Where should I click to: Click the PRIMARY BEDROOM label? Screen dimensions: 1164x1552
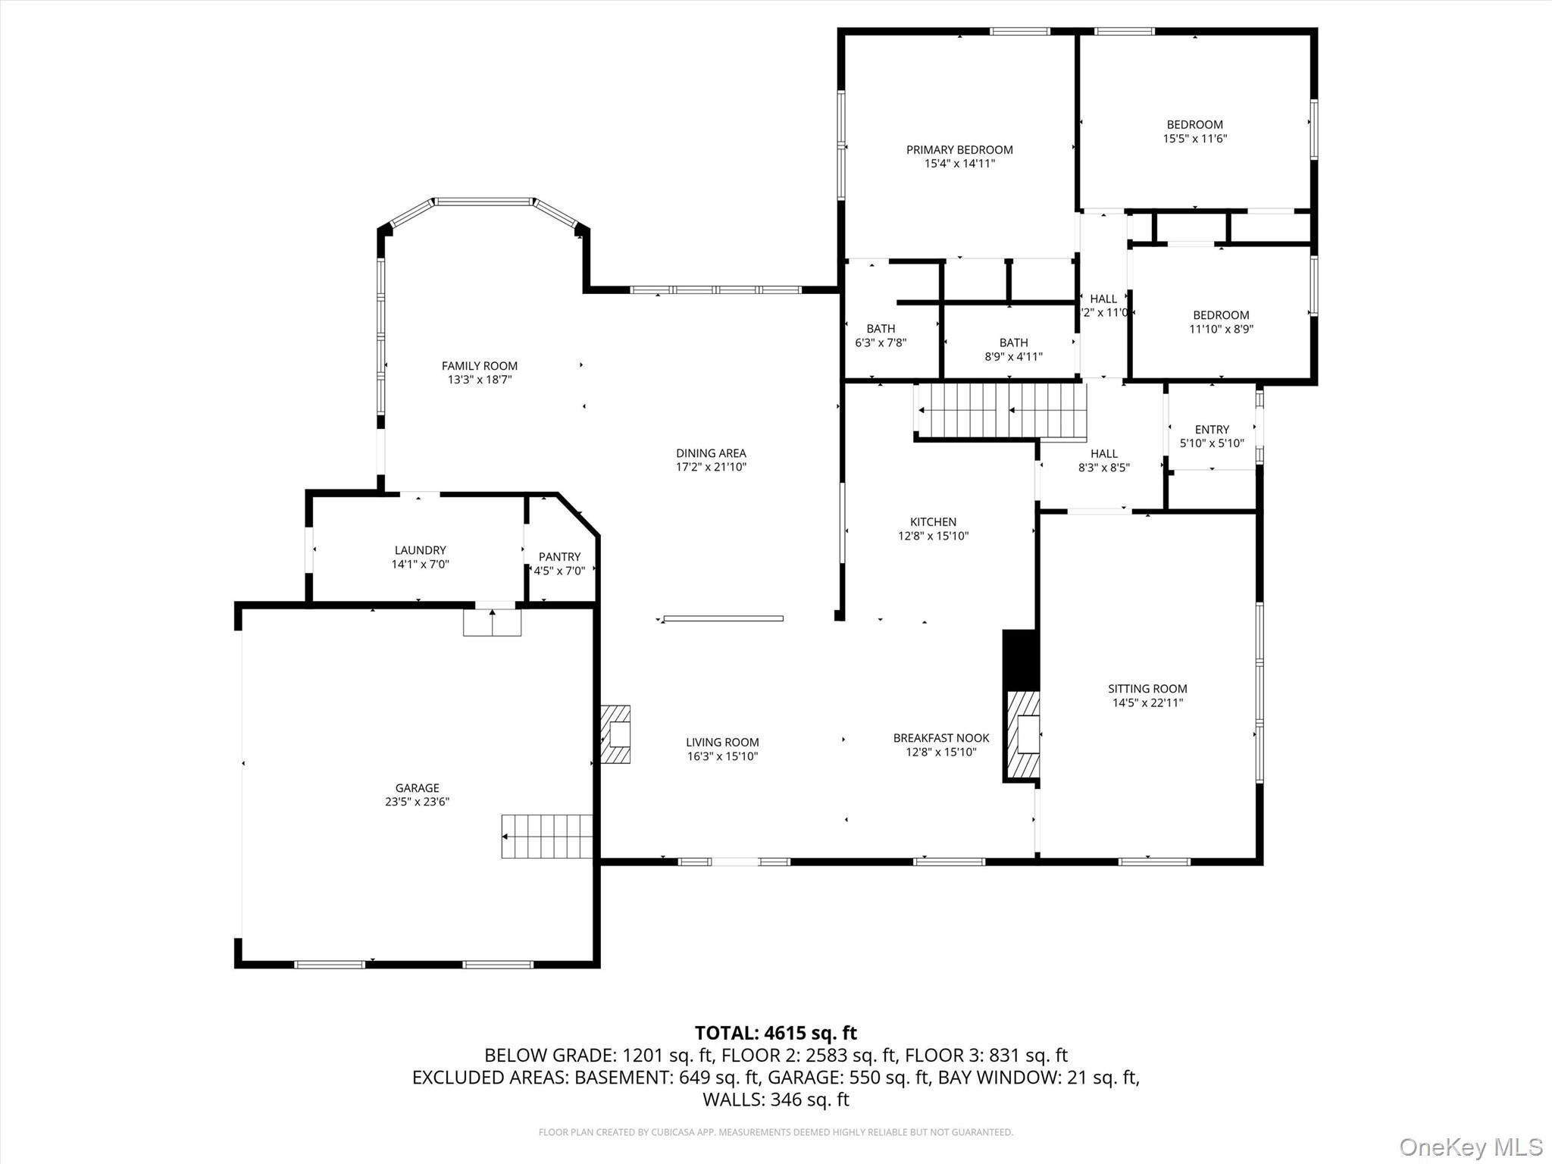click(959, 150)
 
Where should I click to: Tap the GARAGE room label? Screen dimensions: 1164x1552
click(417, 788)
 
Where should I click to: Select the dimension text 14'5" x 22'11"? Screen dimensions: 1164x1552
click(1147, 702)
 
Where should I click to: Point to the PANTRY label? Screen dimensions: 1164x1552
click(559, 557)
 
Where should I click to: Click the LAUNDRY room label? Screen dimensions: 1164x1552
click(420, 550)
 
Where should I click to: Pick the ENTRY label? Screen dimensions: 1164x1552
click(1212, 430)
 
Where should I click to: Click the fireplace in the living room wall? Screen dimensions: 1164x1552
click(616, 734)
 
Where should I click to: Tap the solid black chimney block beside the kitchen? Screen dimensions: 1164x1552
click(1020, 659)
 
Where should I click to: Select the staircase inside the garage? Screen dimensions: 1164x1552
click(546, 837)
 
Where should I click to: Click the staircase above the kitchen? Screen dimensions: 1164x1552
click(1001, 411)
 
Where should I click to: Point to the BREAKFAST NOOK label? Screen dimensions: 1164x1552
click(941, 738)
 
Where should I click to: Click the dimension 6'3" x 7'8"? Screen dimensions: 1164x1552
click(881, 343)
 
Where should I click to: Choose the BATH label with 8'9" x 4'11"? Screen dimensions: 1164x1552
click(1013, 343)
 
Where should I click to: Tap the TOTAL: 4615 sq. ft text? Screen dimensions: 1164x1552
click(775, 1033)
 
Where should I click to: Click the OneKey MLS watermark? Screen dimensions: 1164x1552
click(1470, 1147)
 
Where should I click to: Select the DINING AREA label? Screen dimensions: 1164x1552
click(711, 454)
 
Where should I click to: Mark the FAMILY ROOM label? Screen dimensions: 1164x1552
click(480, 366)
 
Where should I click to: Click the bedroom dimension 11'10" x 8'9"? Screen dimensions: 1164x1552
click(1221, 329)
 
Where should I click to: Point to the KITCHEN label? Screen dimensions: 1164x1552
click(933, 522)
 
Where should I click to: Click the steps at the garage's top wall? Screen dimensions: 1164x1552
click(493, 623)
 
